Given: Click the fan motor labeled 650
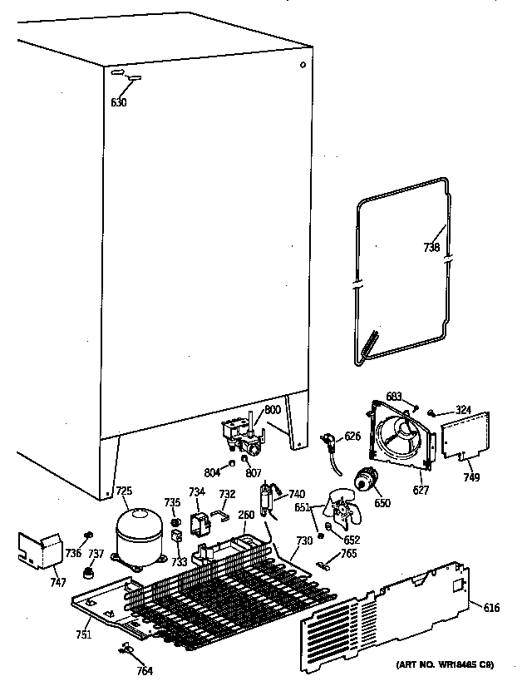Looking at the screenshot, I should [363, 481].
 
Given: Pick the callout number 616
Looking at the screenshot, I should [492, 609].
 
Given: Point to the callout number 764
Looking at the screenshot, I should [144, 671].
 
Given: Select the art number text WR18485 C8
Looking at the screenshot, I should [446, 664].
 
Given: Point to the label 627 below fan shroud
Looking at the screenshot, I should [421, 491].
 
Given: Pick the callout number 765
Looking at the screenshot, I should [348, 553].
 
